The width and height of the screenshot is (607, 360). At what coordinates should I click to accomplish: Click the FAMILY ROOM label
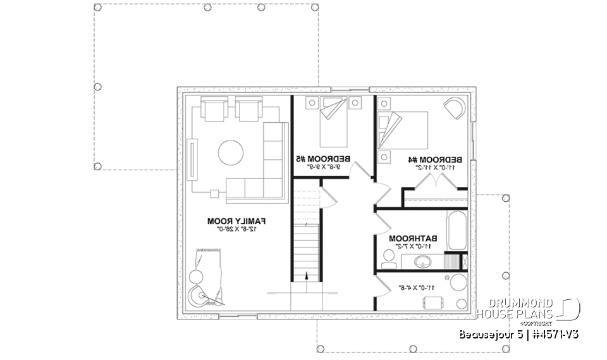click(235, 221)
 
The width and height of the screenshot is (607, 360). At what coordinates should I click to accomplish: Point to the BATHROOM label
click(413, 239)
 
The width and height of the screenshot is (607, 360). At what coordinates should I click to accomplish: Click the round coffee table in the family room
click(231, 152)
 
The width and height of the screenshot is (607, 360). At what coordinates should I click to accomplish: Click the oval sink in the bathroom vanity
click(420, 261)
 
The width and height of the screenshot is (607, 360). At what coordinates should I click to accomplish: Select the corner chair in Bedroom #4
click(455, 108)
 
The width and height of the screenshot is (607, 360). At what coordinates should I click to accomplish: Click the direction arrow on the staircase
click(306, 275)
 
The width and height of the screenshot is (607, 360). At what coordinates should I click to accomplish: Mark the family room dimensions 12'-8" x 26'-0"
click(235, 229)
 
